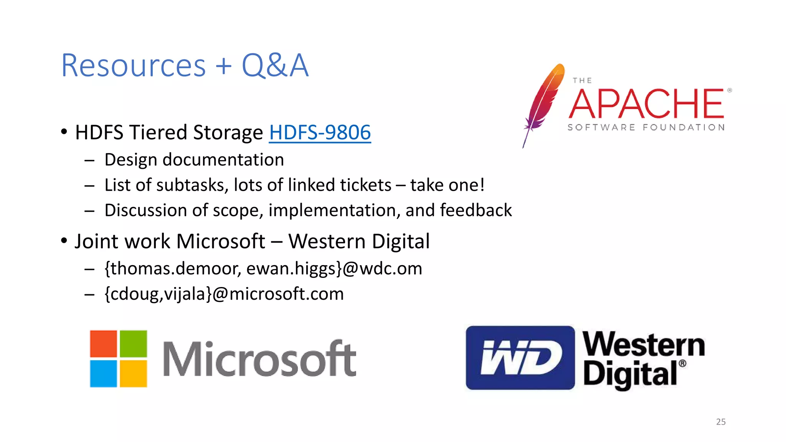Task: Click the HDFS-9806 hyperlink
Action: point(320,132)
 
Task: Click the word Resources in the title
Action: point(133,66)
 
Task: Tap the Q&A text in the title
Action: point(275,66)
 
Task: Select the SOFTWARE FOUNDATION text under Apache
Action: point(646,127)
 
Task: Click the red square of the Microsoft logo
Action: point(103,344)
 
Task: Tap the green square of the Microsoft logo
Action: point(134,344)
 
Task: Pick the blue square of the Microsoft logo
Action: point(103,374)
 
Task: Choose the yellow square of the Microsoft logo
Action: point(134,374)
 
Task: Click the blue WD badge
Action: point(520,358)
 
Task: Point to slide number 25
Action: point(721,422)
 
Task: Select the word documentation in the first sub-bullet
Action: point(223,160)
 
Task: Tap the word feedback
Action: point(476,210)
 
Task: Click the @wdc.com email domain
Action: point(382,269)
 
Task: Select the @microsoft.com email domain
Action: point(278,294)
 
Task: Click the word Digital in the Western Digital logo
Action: point(630,374)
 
